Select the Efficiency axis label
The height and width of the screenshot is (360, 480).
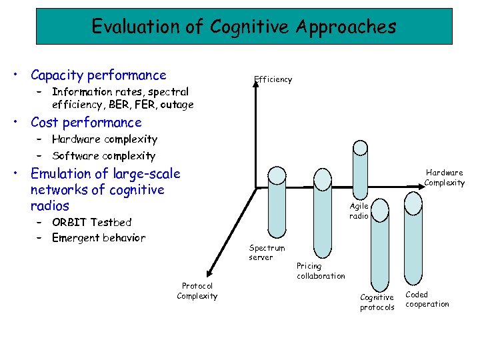pos(273,79)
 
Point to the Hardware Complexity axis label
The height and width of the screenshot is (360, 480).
pos(445,177)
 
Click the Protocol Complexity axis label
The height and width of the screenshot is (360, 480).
pos(197,291)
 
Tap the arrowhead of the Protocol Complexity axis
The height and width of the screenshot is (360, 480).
pos(209,272)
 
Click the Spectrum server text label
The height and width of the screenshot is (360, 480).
pos(267,253)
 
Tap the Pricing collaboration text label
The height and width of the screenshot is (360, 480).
pos(321,271)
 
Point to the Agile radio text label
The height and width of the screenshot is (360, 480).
pos(359,211)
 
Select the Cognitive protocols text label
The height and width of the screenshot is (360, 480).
pos(377,302)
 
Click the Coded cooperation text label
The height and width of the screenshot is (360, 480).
pos(427,299)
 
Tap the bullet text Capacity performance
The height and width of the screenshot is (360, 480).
pos(99,75)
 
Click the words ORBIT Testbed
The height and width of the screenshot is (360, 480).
pos(92,222)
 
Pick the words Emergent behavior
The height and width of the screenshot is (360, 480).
pos(99,238)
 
